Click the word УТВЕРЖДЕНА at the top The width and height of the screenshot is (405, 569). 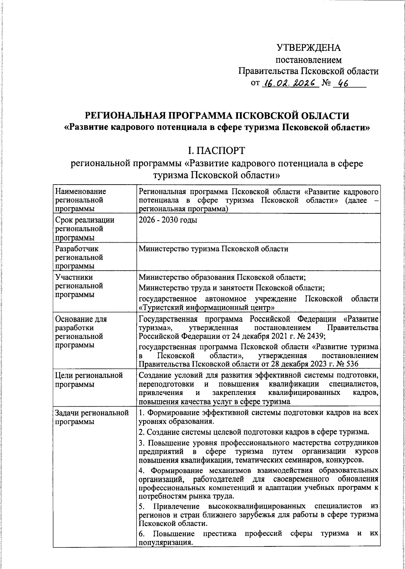[x=308, y=48]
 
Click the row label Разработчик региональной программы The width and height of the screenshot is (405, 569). [x=79, y=258]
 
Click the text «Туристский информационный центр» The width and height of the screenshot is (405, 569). [x=206, y=307]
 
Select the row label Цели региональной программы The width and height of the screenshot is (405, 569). [x=88, y=380]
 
